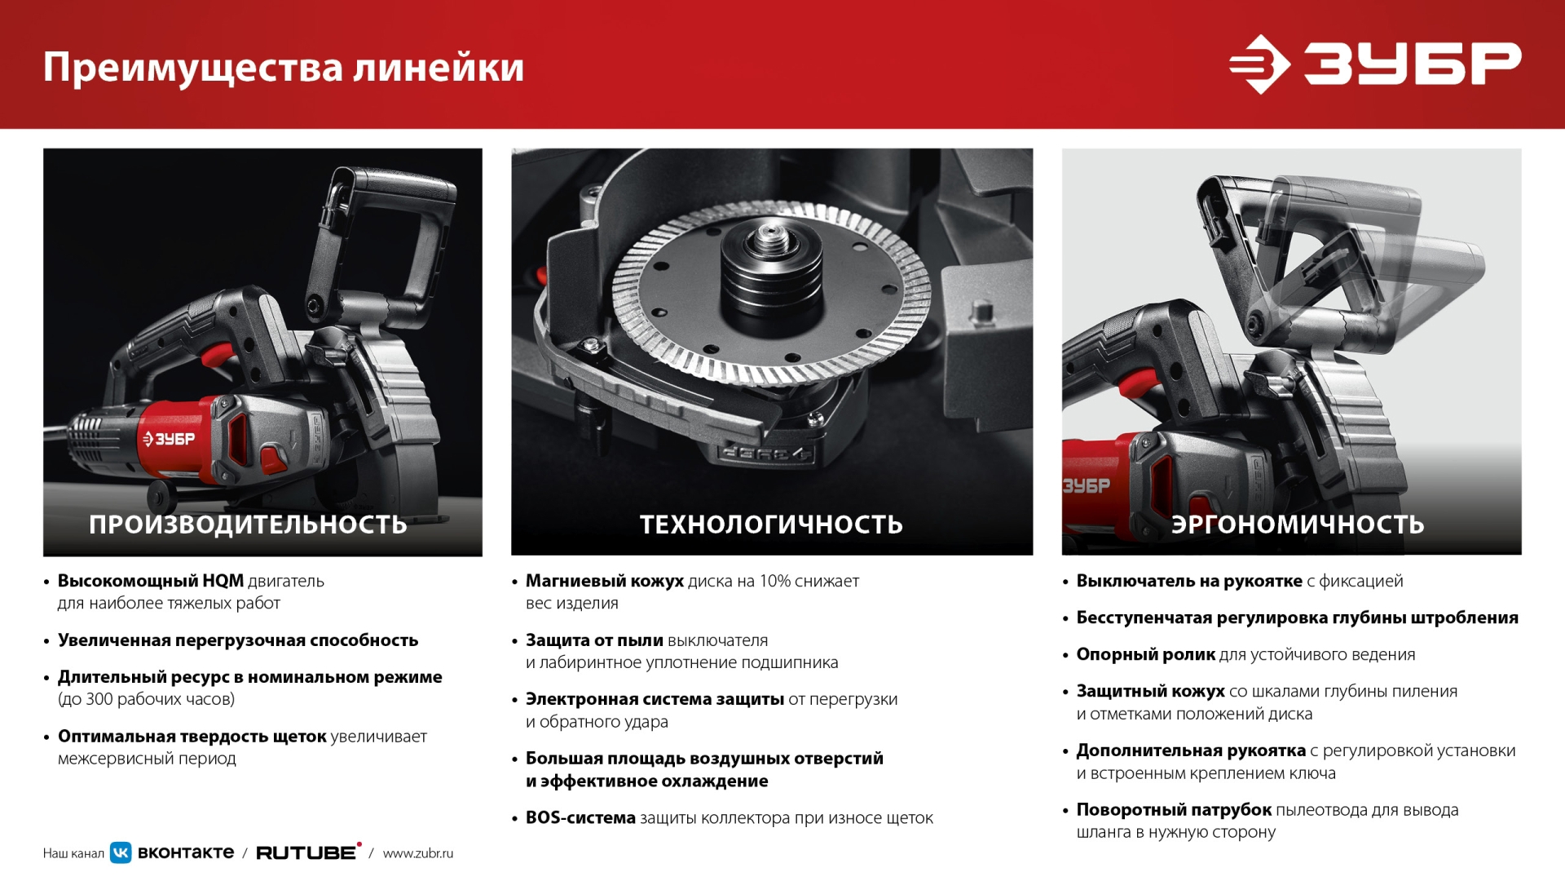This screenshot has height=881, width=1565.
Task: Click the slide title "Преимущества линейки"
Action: click(x=283, y=67)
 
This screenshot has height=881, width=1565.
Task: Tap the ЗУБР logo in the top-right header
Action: click(x=1374, y=64)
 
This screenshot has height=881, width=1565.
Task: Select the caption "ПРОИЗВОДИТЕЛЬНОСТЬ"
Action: click(x=248, y=524)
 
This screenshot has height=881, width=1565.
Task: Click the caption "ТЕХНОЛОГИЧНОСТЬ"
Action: click(x=771, y=524)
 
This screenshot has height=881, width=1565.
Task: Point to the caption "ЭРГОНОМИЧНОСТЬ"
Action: click(x=1298, y=524)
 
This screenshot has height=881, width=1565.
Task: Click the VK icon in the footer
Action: click(x=121, y=852)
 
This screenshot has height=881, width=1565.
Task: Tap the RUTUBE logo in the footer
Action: click(x=307, y=852)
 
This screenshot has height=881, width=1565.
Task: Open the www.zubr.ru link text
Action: click(x=417, y=853)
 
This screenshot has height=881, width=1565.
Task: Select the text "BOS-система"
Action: click(x=580, y=817)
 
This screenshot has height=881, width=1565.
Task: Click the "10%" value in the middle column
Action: click(x=775, y=581)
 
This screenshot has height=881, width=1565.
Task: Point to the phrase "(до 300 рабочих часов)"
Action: click(x=146, y=699)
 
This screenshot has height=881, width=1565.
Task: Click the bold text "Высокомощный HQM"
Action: click(x=151, y=581)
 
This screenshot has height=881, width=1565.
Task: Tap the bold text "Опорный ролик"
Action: click(x=1145, y=654)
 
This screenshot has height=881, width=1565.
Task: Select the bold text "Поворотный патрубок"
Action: click(x=1174, y=809)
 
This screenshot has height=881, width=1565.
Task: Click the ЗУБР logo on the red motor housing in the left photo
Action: click(x=170, y=439)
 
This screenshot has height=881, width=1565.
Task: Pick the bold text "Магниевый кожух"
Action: click(x=604, y=581)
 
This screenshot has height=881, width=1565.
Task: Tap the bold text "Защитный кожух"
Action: click(x=1150, y=691)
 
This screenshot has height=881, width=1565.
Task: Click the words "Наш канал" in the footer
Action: click(x=73, y=853)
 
